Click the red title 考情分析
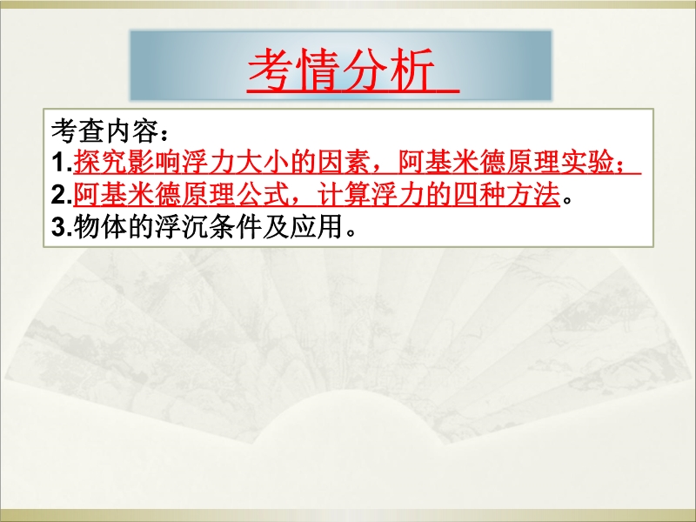click(341, 70)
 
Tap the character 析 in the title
click(412, 70)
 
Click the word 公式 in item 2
click(263, 195)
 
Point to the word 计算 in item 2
click(344, 195)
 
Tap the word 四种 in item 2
click(479, 195)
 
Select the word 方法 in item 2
click(533, 195)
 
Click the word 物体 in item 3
click(100, 227)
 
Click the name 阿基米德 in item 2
click(127, 195)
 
